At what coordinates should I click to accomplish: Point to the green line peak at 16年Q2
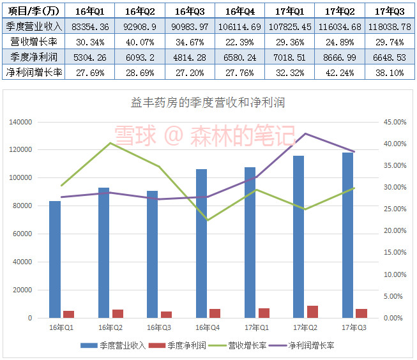pos(110,143)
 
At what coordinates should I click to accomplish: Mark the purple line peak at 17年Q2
pos(305,133)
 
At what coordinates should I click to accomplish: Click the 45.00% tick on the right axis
pos(394,122)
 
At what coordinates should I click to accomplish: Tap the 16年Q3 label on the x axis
pos(159,327)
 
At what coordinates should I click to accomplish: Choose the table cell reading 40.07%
pos(139,41)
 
